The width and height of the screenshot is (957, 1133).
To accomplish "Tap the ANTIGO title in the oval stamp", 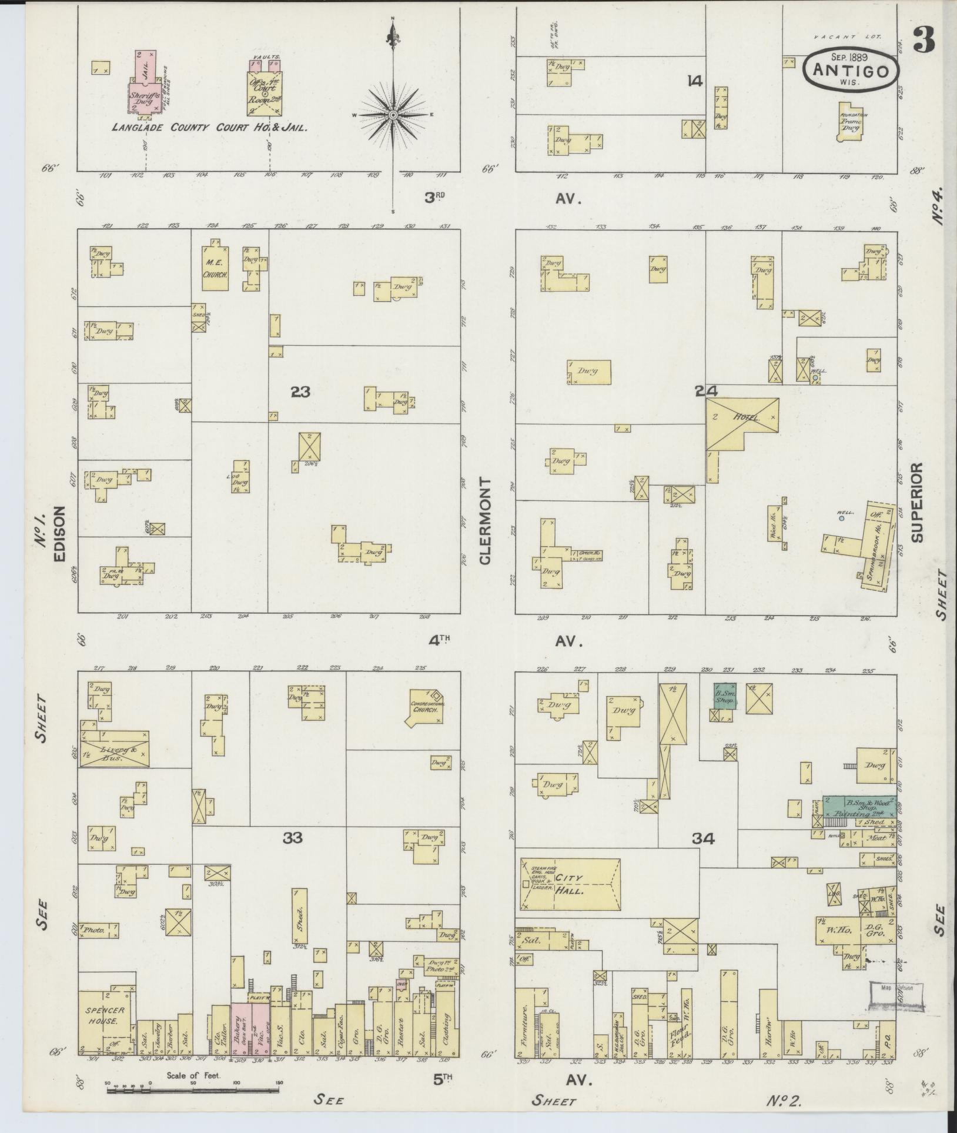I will click(x=851, y=71).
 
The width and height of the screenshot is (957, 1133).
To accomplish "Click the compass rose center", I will click(x=392, y=115).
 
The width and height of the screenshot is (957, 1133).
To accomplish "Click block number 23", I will click(x=300, y=392).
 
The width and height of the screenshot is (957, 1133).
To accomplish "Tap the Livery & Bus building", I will click(x=115, y=748).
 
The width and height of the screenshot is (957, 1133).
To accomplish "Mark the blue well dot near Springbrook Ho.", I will click(x=841, y=519).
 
